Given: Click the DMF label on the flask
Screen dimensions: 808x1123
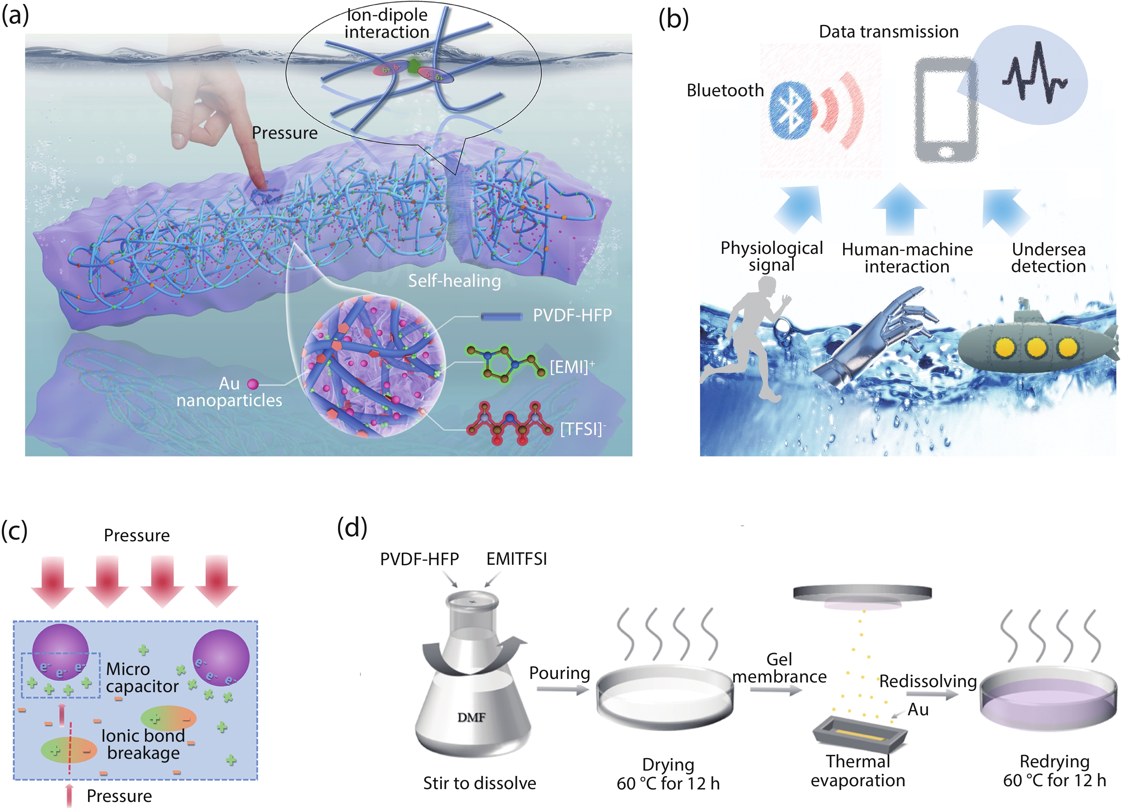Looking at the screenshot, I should pos(471,717).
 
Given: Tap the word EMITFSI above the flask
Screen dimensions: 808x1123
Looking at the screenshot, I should pos(517,559).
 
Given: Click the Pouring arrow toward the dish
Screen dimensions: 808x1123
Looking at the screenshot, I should pos(562,689).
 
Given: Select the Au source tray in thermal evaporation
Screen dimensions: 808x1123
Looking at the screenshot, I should pos(860,736).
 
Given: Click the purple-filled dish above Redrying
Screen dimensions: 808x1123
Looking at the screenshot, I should pos(1048,699).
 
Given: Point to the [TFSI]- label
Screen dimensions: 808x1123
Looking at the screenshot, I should pos(582,429).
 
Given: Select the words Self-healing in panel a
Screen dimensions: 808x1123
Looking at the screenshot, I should pos(454,281).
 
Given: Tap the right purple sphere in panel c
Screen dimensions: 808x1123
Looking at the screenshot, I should pos(221,658).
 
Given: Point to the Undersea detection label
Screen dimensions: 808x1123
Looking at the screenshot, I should pos(1048,257).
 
